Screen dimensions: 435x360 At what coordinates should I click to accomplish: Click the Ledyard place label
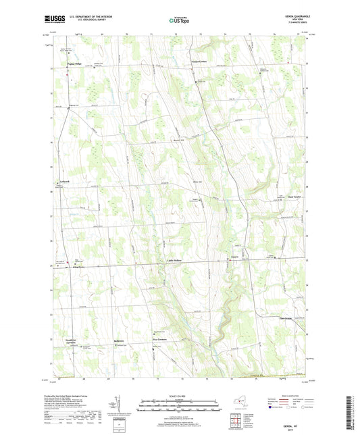61,183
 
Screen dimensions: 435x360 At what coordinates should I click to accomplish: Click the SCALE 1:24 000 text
180,395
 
